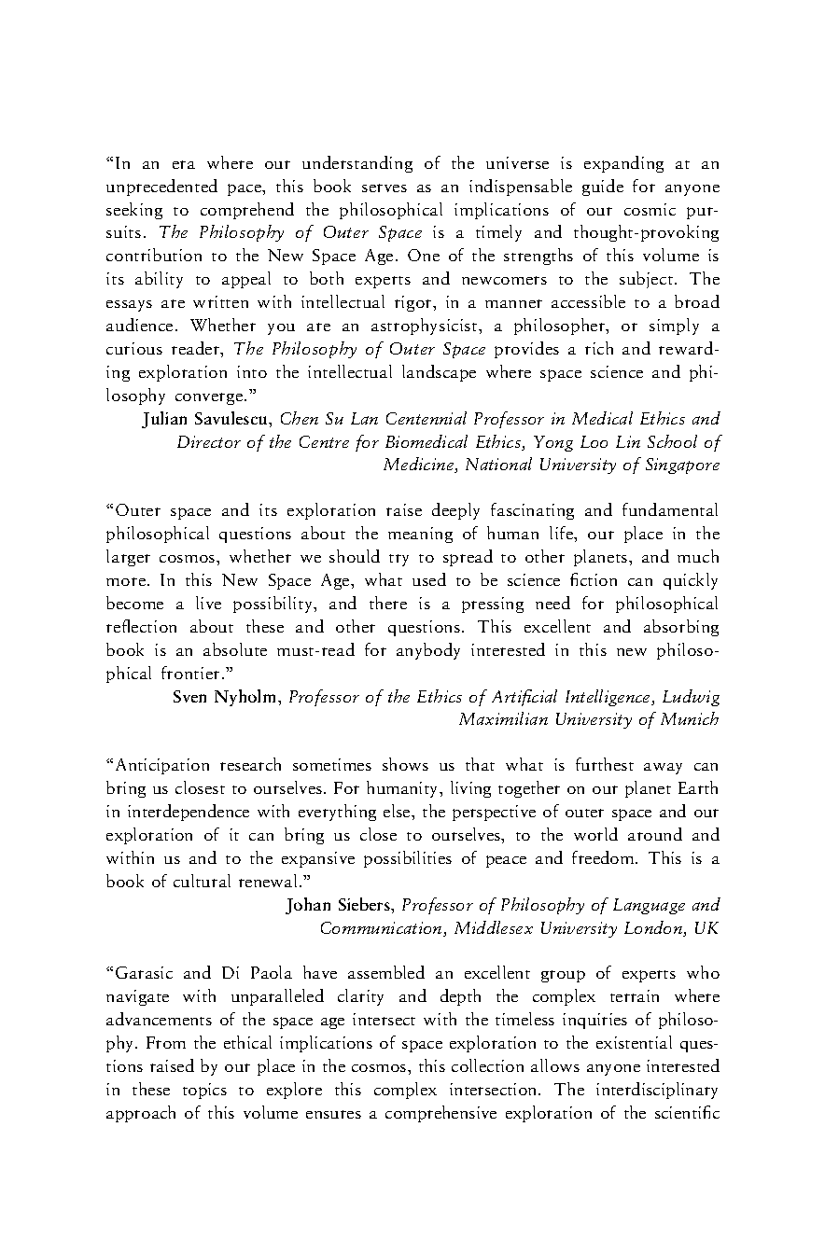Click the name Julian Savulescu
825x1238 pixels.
coord(207,419)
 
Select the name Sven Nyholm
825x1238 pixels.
coord(227,696)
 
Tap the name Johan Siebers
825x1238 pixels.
coord(340,905)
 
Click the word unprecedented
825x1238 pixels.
coord(162,188)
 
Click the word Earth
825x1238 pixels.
coord(698,789)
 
